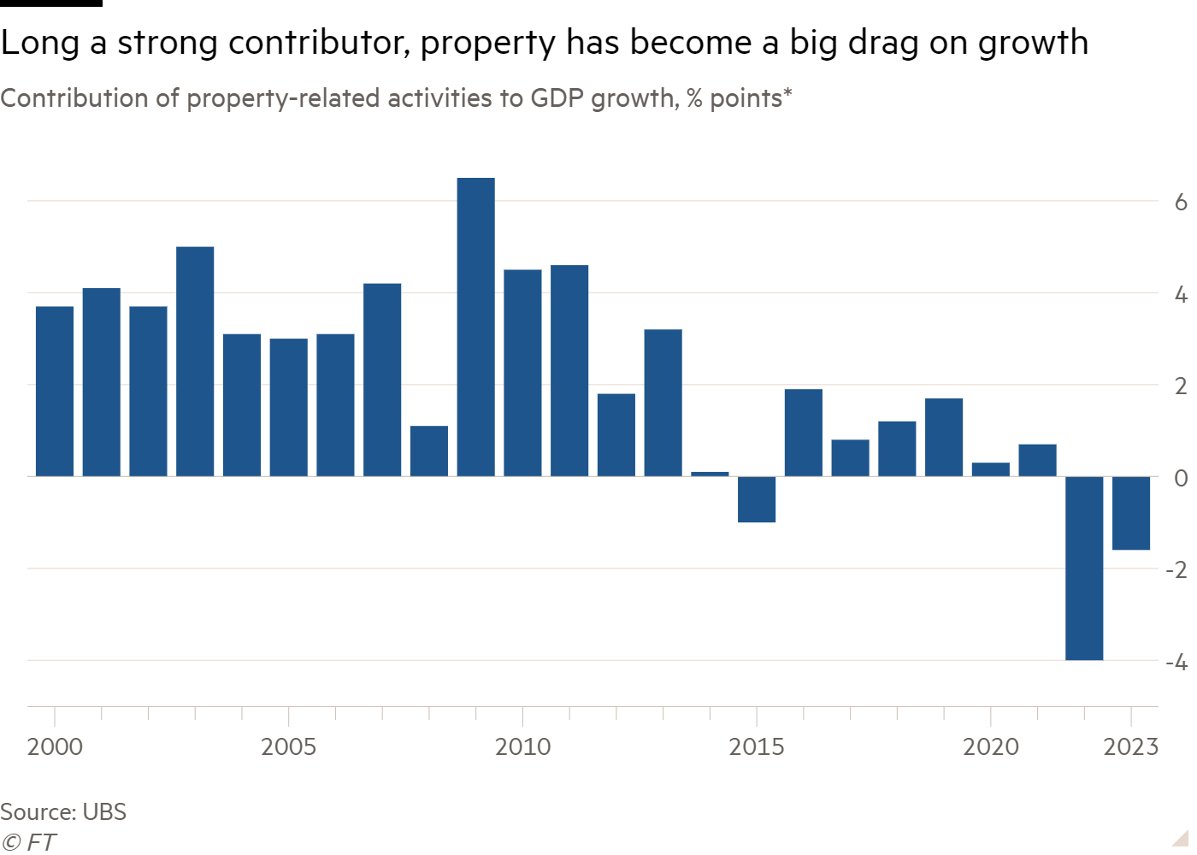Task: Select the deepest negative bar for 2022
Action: pyautogui.click(x=1084, y=568)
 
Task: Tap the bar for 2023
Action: pyautogui.click(x=1131, y=513)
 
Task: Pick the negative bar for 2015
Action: pyautogui.click(x=757, y=499)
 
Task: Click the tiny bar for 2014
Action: pyautogui.click(x=710, y=473)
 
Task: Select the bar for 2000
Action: pyautogui.click(x=55, y=391)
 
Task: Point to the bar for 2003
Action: pyautogui.click(x=195, y=361)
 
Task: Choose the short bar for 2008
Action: pyautogui.click(x=428, y=451)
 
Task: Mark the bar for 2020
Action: pyautogui.click(x=990, y=469)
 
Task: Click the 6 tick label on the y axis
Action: pyautogui.click(x=1181, y=203)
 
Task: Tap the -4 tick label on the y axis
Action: pyautogui.click(x=1176, y=662)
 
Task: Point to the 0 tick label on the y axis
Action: pyautogui.click(x=1181, y=478)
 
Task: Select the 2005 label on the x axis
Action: pyautogui.click(x=288, y=747)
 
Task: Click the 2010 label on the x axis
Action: pyautogui.click(x=522, y=747)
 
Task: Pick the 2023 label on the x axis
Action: pyautogui.click(x=1130, y=747)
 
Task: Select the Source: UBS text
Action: pyautogui.click(x=63, y=811)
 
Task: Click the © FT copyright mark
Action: pyautogui.click(x=28, y=842)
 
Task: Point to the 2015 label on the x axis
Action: pyautogui.click(x=756, y=747)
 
